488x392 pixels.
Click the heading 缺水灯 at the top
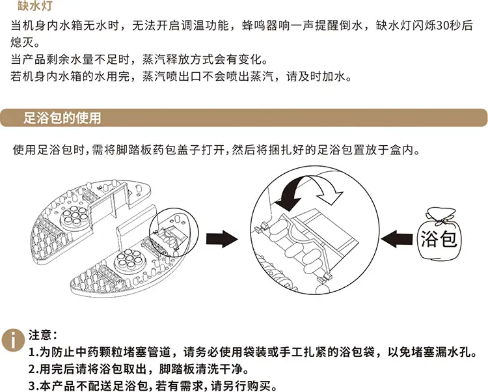point(34,5)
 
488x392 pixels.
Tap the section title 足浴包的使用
point(62,118)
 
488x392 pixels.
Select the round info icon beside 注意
point(13,340)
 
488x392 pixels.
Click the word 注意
point(40,335)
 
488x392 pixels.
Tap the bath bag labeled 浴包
point(438,234)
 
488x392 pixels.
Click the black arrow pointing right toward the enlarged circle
point(222,239)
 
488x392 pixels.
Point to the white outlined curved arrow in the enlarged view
point(327,189)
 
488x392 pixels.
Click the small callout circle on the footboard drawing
point(174,232)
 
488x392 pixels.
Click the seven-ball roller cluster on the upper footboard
point(74,215)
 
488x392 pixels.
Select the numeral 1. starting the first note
point(34,352)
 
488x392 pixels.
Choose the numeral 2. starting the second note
point(34,369)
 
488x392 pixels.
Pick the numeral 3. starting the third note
point(34,386)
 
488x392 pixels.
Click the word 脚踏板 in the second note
point(177,369)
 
